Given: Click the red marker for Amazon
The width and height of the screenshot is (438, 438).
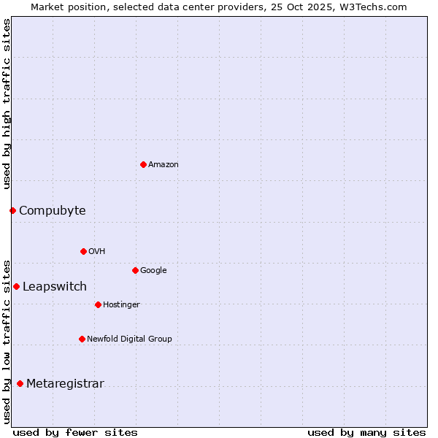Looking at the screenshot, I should click(143, 164).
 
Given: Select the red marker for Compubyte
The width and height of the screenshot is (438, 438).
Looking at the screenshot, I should click(12, 210).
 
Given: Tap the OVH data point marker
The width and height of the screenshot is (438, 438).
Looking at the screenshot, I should click(83, 251).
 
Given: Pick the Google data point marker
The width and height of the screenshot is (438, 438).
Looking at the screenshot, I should click(135, 270).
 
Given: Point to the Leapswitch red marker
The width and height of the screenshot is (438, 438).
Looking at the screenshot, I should click(16, 286).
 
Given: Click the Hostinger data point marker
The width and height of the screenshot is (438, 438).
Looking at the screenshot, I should click(98, 304).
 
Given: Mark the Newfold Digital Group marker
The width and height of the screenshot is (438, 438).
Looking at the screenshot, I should click(82, 339).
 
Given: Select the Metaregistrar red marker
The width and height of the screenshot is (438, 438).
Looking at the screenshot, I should click(20, 384).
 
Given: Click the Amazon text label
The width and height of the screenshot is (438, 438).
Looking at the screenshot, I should click(164, 165).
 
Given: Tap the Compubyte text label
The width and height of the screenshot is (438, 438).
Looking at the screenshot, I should click(52, 211).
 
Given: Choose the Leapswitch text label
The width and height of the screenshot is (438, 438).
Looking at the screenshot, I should click(54, 287).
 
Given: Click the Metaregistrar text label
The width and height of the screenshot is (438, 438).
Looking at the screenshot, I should click(65, 384).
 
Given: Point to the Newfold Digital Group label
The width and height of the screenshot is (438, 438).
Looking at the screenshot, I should click(129, 339).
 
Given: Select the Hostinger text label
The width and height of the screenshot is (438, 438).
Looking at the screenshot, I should click(121, 305).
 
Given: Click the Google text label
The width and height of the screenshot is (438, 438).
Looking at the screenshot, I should click(153, 271).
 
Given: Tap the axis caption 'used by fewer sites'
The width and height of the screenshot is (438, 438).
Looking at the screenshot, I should click(74, 432).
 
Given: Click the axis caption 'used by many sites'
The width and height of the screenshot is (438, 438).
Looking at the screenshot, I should click(366, 432).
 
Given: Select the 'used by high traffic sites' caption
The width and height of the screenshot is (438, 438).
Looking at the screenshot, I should click(7, 104).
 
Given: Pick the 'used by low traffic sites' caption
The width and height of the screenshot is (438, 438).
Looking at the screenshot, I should click(7, 340).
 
